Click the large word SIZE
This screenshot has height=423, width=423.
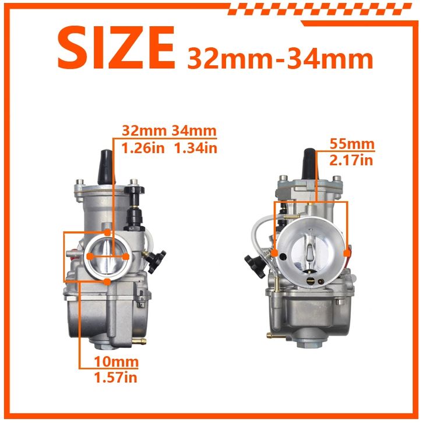117,48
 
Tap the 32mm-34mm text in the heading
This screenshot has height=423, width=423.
280,58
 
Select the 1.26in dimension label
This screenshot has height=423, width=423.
143,148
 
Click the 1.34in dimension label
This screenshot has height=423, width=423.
196,148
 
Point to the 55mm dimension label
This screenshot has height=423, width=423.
352,144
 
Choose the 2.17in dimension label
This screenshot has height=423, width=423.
351,160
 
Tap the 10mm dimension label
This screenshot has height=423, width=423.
117,361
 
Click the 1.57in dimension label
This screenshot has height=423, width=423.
116,377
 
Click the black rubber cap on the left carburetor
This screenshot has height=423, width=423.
106,167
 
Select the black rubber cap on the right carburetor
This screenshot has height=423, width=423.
310,164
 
